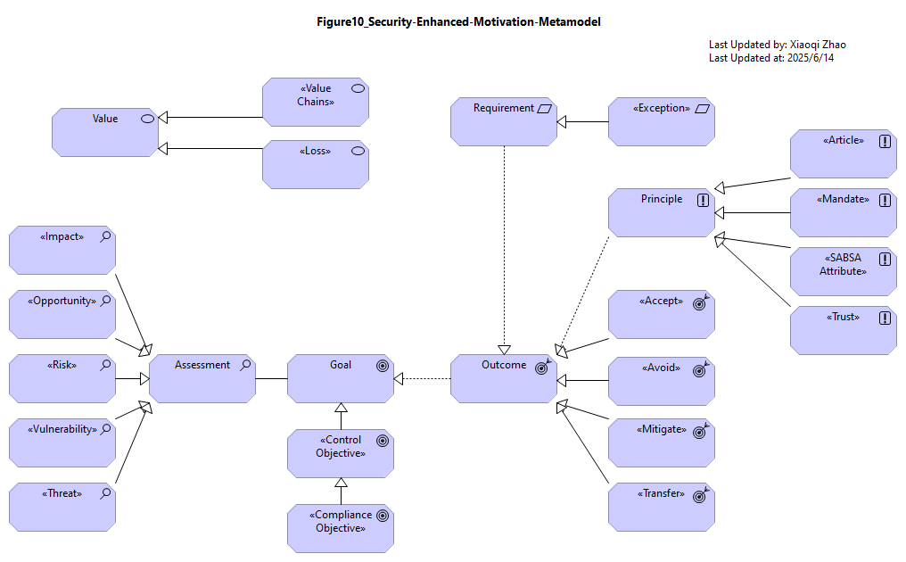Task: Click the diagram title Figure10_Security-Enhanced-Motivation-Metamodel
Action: click(458, 22)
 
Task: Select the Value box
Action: click(105, 132)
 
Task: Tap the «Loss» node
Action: click(316, 165)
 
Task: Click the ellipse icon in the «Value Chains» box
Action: click(358, 88)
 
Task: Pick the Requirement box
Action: click(504, 122)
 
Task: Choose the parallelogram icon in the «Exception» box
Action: click(702, 109)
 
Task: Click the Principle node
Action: click(662, 213)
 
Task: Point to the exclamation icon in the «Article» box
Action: click(885, 141)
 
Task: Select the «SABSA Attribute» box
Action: click(844, 272)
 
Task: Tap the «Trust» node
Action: click(844, 331)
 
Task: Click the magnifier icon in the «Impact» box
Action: click(105, 236)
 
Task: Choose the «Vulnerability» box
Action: click(62, 442)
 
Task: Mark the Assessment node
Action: click(202, 379)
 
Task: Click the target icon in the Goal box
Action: click(383, 366)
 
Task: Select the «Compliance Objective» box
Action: click(341, 528)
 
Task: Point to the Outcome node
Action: click(504, 379)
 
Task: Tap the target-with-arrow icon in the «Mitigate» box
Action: click(700, 431)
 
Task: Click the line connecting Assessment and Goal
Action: click(272, 379)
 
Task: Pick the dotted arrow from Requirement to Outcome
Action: click(504, 251)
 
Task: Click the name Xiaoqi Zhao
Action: click(818, 45)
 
